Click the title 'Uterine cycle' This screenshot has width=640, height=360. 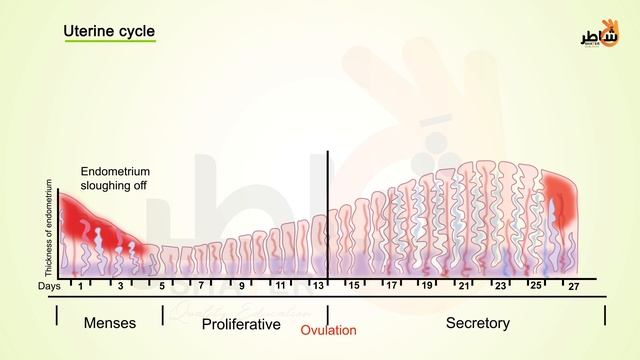point(109,31)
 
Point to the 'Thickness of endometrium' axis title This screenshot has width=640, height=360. point(48,229)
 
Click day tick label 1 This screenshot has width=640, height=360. point(80,287)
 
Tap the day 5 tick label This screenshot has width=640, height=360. point(162,287)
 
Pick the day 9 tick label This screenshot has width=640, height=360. point(241,287)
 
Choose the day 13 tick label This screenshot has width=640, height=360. point(319,287)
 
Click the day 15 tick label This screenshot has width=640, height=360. point(353,287)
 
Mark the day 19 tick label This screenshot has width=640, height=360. point(427,287)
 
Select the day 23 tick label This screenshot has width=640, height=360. point(500,287)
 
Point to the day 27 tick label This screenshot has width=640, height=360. point(573,287)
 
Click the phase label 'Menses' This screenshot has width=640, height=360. point(110,323)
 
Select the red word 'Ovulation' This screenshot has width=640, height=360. point(328,329)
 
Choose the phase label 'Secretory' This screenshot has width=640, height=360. point(477,323)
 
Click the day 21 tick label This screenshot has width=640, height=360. point(463,287)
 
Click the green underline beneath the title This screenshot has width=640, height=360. point(109,43)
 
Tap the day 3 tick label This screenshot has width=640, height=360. point(121,287)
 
